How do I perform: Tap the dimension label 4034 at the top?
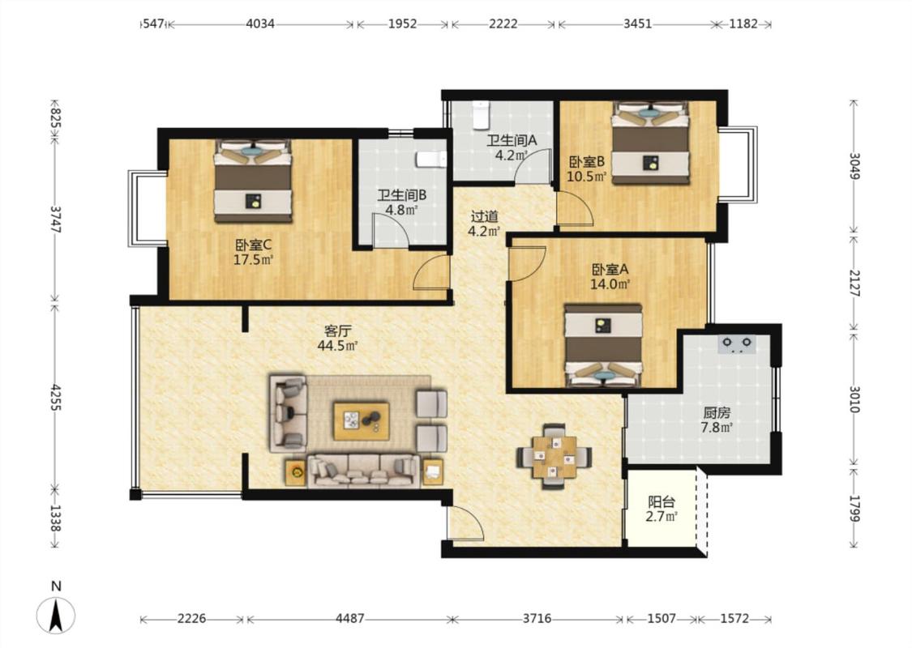coord(260,23)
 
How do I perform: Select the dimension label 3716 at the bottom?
coord(537,618)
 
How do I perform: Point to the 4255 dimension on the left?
coord(56,398)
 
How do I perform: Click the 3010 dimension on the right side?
coord(854,399)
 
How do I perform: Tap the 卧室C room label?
coord(254,245)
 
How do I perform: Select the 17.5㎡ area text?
coord(254,260)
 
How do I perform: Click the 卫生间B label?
coord(402,195)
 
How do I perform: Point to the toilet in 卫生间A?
coord(481,115)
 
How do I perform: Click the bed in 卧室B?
coord(650,143)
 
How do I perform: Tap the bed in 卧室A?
coord(604,345)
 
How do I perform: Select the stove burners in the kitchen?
coord(737,344)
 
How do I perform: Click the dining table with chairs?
coord(554,456)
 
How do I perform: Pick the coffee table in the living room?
coord(362,420)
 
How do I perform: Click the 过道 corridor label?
coord(485,217)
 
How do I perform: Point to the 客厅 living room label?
coord(337,331)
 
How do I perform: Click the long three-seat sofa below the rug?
coord(363,471)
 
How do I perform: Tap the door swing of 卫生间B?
coord(391,229)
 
